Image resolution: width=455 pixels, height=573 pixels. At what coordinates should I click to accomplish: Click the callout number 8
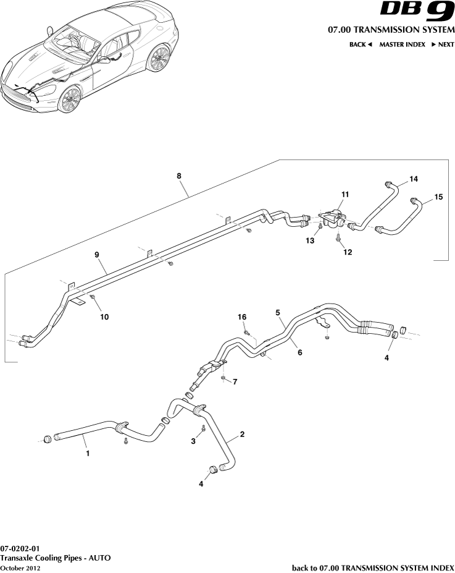click(179, 176)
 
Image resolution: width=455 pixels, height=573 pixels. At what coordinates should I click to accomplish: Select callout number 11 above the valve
click(345, 194)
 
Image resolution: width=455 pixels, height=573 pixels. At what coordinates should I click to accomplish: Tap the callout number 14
click(413, 179)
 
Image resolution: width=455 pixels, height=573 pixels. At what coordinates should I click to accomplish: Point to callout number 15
click(438, 197)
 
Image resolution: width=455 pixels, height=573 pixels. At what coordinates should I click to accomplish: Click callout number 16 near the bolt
click(243, 316)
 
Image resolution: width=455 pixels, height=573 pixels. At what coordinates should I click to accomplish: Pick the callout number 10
click(104, 316)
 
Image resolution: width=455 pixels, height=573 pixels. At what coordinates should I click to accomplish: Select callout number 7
click(235, 381)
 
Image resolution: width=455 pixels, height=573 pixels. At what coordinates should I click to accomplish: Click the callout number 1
click(88, 453)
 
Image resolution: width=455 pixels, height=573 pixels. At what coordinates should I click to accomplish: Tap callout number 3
click(193, 441)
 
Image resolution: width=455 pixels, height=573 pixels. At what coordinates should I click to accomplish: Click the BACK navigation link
click(361, 45)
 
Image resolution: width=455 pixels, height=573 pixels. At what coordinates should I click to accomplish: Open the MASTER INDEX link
click(402, 45)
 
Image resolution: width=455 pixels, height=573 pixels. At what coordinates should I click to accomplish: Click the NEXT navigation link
click(443, 45)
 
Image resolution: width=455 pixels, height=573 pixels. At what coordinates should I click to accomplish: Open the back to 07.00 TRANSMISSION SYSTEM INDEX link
click(372, 567)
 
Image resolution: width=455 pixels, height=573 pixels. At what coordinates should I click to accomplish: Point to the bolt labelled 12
click(339, 237)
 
